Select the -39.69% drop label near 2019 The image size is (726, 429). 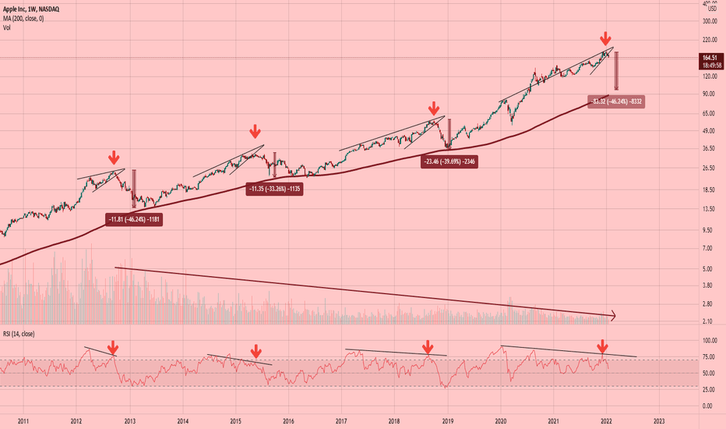click(449, 162)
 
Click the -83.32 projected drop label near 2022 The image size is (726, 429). click(617, 101)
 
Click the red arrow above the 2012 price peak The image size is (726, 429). click(114, 158)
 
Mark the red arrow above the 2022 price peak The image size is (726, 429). click(605, 38)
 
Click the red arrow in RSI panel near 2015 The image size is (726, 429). click(256, 352)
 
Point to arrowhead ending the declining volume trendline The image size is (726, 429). click(614, 315)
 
